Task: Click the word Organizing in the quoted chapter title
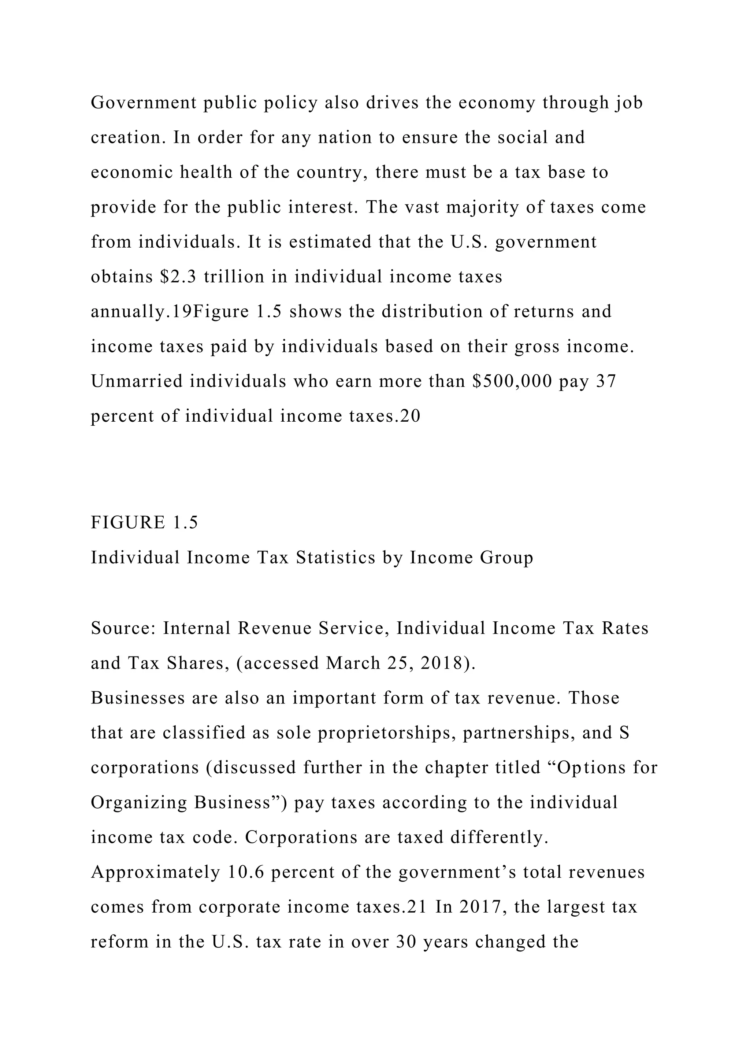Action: click(x=138, y=803)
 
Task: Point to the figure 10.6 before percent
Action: click(x=246, y=872)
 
